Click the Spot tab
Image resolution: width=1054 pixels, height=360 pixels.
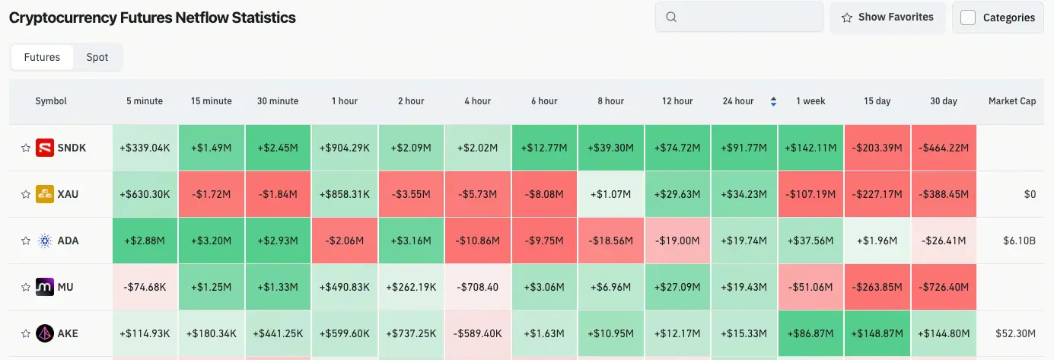(x=97, y=57)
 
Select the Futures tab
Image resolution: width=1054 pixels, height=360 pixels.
(x=42, y=57)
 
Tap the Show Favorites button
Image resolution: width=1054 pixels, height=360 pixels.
(x=887, y=18)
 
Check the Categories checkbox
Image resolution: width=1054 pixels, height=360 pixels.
(x=968, y=18)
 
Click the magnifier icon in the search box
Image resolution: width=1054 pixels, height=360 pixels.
(x=671, y=17)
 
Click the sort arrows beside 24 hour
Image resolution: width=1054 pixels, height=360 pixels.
(x=773, y=101)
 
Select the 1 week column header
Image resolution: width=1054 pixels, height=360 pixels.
(x=810, y=101)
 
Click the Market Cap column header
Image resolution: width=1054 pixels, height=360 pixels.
(x=1012, y=101)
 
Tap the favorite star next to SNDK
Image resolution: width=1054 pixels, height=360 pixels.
(x=26, y=148)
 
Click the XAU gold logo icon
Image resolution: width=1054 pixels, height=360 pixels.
(x=45, y=194)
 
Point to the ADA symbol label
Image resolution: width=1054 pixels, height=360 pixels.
(x=68, y=241)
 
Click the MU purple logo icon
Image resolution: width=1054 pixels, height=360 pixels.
(x=45, y=287)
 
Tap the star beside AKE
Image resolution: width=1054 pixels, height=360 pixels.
(x=26, y=333)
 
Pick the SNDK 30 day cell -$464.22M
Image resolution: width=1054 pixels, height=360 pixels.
(x=944, y=148)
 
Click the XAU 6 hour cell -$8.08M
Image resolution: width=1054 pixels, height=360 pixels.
(x=544, y=194)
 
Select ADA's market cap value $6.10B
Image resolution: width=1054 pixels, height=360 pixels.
(x=1019, y=241)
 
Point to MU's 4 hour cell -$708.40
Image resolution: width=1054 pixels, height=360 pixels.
(x=478, y=287)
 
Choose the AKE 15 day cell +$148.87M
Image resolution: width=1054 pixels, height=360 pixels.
(x=877, y=333)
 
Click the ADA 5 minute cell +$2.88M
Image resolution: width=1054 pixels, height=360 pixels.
(x=145, y=241)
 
